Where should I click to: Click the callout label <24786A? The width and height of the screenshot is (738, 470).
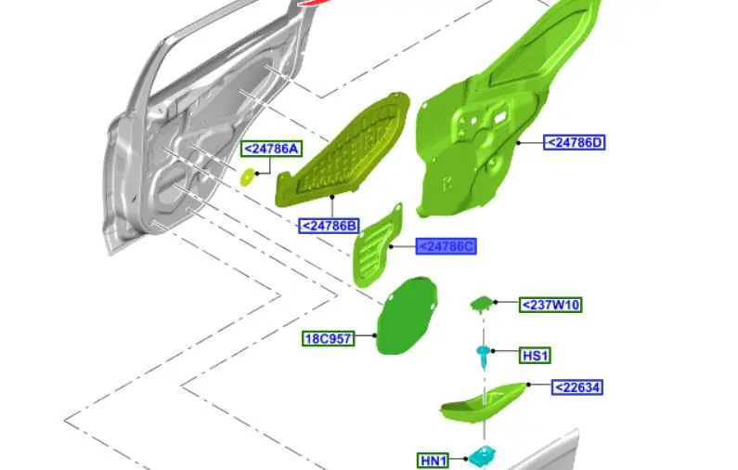coord(272,149)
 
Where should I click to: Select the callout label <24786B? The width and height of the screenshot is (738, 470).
coord(329,226)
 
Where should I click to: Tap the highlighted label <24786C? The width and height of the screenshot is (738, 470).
coord(446,246)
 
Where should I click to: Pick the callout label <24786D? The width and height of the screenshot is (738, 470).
coord(575,142)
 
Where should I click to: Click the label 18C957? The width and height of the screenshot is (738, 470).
coord(328,339)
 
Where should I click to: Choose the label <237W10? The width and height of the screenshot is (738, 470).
coord(550,305)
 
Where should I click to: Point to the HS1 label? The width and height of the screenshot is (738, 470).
coord(535,355)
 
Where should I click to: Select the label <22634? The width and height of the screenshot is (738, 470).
coord(577,387)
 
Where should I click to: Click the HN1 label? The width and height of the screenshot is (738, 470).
coord(433,460)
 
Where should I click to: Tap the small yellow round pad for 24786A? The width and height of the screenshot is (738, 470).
coord(247,177)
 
